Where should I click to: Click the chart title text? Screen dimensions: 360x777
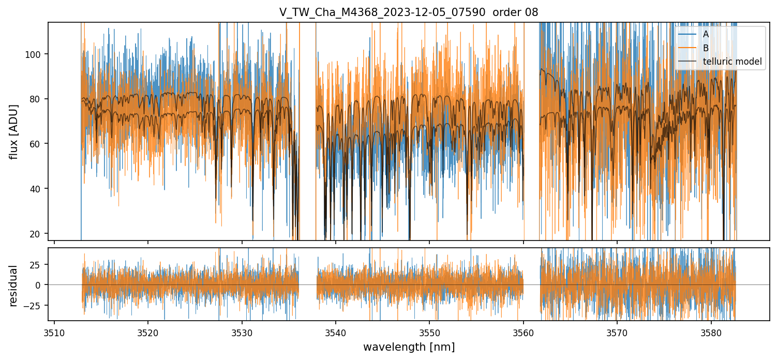(x=409, y=12)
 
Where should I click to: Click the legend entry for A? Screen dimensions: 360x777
(x=706, y=34)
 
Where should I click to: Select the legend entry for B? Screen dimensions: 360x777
(x=706, y=48)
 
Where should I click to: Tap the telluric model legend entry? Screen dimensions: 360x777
(x=732, y=62)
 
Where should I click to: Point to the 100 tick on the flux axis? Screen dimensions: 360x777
(x=36, y=54)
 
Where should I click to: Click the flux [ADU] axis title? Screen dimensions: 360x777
(x=14, y=131)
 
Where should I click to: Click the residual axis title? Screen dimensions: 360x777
(x=14, y=286)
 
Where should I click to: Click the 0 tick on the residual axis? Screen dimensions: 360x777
(x=40, y=285)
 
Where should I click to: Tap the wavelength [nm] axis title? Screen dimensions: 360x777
(x=409, y=347)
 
